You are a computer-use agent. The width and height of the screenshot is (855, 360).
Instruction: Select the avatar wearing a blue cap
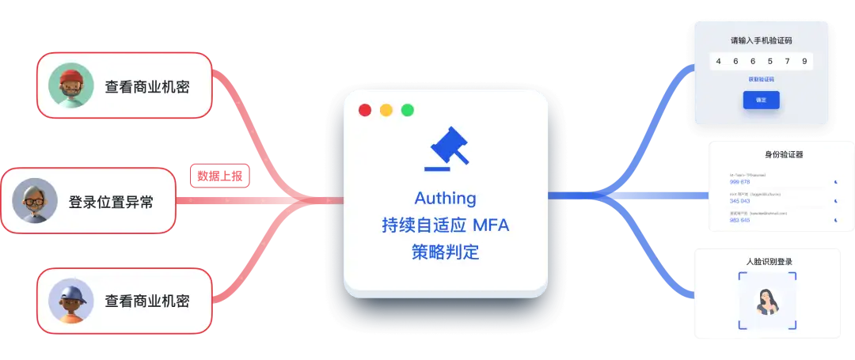(x=71, y=301)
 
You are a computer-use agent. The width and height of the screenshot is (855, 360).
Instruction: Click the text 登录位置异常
(x=111, y=202)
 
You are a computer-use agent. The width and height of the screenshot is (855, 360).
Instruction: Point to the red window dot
(x=365, y=110)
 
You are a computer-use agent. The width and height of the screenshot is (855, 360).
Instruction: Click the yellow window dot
(x=386, y=110)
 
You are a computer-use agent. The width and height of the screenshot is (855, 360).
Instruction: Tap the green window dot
(x=408, y=110)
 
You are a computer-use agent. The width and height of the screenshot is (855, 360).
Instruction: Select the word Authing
(x=446, y=198)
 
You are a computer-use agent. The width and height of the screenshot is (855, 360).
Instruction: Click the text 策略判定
(x=446, y=253)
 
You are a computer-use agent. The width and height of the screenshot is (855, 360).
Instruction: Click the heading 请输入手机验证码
(x=761, y=40)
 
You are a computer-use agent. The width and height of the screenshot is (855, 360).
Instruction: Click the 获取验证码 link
(x=761, y=79)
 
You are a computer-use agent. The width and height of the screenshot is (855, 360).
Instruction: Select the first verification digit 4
(x=718, y=61)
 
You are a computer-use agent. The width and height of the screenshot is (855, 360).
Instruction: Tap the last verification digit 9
(x=804, y=61)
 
